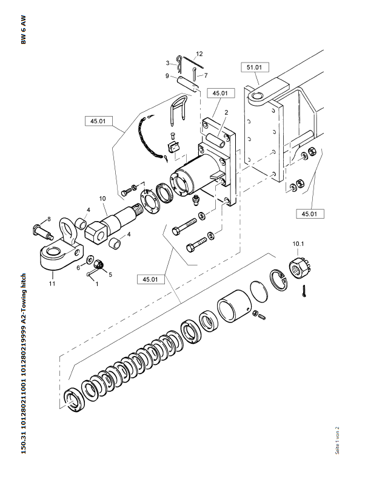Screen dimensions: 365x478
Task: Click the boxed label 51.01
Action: coord(255,67)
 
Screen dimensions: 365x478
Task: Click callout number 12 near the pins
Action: coord(199,54)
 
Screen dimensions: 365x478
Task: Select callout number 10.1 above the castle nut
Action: coord(298,244)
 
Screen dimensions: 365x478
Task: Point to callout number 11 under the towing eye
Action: coord(52,284)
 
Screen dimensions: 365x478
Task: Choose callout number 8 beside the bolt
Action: coord(49,219)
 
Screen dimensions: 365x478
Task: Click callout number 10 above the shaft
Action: coord(102,199)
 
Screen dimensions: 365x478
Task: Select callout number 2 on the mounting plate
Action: coord(226,113)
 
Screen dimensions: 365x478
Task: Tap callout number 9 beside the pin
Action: coord(167,75)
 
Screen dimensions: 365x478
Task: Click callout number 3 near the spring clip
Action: coord(167,63)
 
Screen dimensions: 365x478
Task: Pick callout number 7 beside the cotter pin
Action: coord(206,75)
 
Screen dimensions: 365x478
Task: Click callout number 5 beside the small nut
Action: coord(110,275)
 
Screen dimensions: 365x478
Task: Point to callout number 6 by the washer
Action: coord(78,268)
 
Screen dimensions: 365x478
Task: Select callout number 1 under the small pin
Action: coord(97,284)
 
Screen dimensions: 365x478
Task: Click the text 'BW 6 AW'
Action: coord(24,30)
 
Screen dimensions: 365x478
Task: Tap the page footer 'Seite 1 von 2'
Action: coord(337,440)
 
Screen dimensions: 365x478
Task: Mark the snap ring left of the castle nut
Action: coord(278,280)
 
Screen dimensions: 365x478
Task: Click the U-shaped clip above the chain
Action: coord(178,111)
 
